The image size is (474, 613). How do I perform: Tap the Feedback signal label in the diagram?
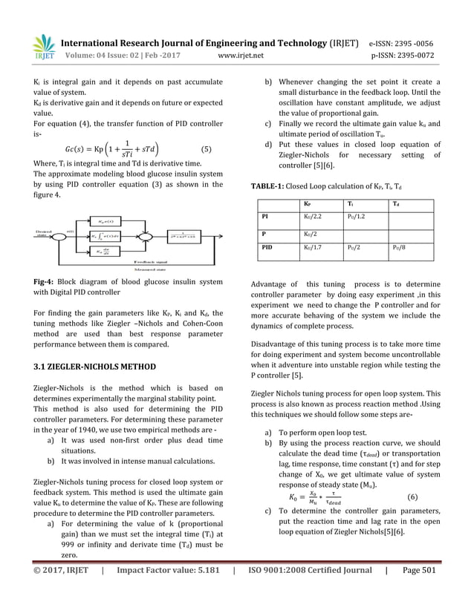pos(152,262)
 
